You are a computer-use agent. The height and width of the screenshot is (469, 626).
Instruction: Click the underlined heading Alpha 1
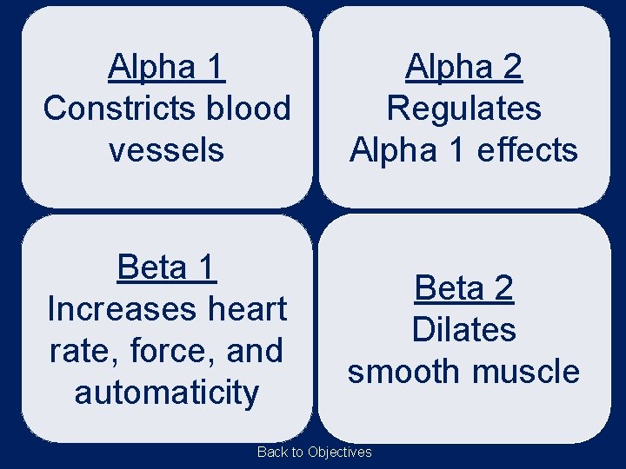pyautogui.click(x=166, y=66)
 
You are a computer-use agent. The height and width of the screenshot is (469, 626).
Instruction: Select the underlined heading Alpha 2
pyautogui.click(x=463, y=66)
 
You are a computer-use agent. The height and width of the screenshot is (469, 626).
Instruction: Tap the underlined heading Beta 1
pyautogui.click(x=166, y=267)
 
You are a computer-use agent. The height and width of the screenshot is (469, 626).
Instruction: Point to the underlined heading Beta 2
pyautogui.click(x=463, y=287)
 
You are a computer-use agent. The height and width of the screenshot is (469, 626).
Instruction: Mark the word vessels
pyautogui.click(x=166, y=150)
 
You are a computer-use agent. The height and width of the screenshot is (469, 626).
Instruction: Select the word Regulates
pyautogui.click(x=463, y=109)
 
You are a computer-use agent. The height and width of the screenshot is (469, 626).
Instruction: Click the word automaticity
pyautogui.click(x=166, y=393)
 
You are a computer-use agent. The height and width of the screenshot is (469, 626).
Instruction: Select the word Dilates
pyautogui.click(x=463, y=330)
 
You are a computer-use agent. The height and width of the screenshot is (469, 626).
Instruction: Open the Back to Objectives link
pyautogui.click(x=314, y=452)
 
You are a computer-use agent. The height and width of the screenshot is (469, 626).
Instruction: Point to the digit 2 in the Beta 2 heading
pyautogui.click(x=503, y=287)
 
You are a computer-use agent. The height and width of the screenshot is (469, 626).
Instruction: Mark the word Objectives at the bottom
pyautogui.click(x=339, y=452)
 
